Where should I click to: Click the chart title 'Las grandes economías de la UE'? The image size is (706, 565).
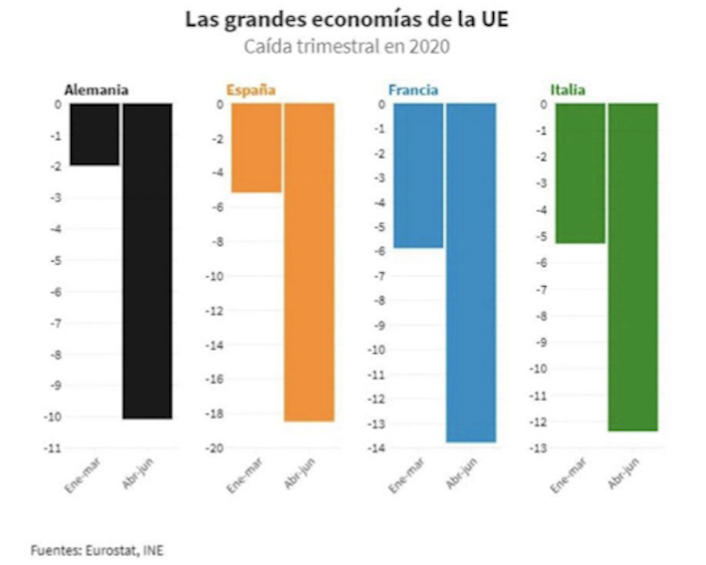353,20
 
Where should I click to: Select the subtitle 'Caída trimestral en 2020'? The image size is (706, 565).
353,46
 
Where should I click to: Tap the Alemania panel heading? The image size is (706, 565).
96,90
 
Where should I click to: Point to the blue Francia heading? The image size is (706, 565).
412,90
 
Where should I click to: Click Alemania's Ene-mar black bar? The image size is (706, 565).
95,135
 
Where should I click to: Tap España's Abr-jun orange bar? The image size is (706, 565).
309,262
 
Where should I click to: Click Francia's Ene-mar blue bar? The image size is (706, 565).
417,175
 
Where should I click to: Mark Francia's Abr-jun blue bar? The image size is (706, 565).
471,272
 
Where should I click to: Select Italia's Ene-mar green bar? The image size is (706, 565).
580,173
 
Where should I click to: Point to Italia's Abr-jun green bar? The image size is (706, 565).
633,267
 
